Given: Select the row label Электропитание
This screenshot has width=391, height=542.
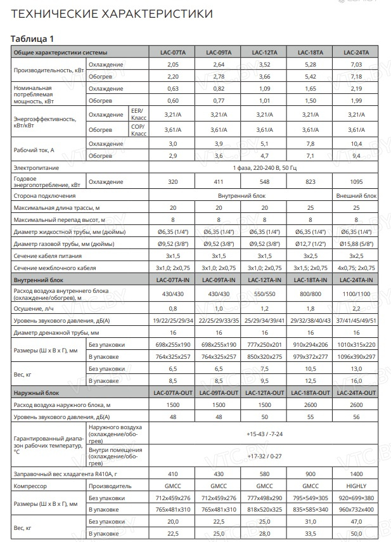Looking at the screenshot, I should [37, 168].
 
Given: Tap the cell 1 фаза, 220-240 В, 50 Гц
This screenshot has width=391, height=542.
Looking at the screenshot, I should [264, 168].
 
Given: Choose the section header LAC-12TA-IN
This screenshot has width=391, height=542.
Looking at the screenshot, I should [264, 280].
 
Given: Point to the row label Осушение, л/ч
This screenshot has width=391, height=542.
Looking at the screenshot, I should [34, 308].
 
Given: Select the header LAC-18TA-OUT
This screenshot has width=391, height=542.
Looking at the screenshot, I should [309, 394].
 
